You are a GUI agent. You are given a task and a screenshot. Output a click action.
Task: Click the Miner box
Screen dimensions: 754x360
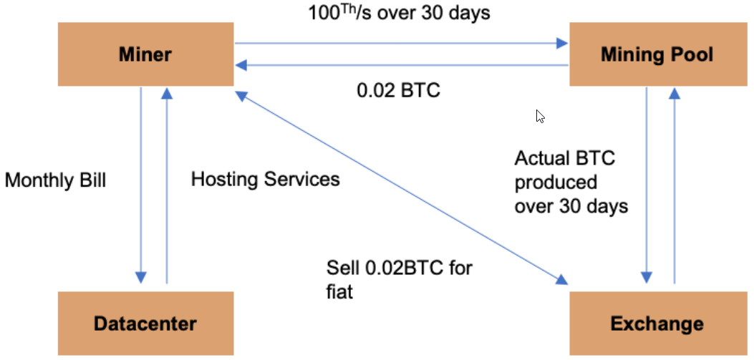coord(145,54)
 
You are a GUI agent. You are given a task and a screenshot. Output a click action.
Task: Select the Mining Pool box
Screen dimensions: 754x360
coord(657,54)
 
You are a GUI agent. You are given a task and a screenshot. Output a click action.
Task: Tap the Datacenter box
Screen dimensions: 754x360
coord(145,323)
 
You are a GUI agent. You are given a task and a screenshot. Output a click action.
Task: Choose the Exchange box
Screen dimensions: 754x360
coord(657,323)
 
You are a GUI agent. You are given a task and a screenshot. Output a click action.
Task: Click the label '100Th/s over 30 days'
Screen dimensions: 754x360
coord(399,12)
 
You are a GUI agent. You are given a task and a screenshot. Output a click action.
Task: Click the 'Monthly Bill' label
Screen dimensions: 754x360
coord(55,181)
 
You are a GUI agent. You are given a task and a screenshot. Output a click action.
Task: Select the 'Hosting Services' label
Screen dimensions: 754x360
coord(266,179)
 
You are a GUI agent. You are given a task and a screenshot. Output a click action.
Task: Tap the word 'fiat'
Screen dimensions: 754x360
coord(339,292)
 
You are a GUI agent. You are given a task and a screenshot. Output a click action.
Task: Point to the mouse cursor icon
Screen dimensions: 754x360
coord(541,117)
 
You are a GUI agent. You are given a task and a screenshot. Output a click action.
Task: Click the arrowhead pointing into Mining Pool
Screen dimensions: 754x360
coord(562,43)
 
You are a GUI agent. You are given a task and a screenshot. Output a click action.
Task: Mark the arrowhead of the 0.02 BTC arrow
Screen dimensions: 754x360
coord(241,65)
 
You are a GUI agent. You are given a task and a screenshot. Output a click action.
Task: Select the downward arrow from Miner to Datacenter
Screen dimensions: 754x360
coord(140,185)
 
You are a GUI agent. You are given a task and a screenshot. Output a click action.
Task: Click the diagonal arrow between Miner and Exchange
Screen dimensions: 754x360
coord(401,188)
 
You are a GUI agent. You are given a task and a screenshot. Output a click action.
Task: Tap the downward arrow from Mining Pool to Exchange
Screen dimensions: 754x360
coord(647,185)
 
